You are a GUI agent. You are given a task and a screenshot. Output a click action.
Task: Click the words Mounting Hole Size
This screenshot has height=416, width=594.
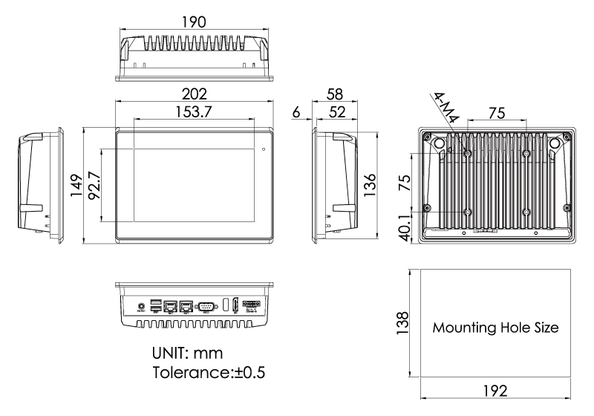point(495,328)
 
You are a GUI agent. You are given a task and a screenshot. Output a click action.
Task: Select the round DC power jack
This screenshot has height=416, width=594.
point(141,305)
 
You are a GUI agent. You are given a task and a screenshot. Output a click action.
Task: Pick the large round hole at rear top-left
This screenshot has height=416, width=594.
point(438,142)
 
